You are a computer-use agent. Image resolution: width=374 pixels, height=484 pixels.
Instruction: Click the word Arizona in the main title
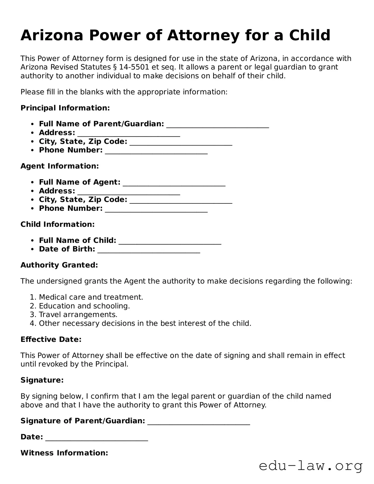pyautogui.click(x=52, y=35)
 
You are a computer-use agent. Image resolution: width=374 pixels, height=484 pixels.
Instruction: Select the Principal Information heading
pyautogui.click(x=65, y=108)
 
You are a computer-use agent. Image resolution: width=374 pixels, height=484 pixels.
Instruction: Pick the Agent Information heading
pyautogui.click(x=60, y=166)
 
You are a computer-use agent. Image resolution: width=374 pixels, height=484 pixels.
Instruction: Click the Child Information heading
pyautogui.click(x=58, y=224)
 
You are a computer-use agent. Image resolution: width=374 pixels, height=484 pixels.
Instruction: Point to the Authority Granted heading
pyautogui.click(x=59, y=265)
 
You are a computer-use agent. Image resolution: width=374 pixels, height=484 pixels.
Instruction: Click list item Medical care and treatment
pyautogui.click(x=91, y=297)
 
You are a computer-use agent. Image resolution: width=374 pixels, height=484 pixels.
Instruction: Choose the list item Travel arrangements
pyautogui.click(x=78, y=315)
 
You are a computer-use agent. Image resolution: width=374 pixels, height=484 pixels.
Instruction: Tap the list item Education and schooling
pyautogui.click(x=84, y=306)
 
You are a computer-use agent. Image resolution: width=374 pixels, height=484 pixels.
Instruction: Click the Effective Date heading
pyautogui.click(x=51, y=339)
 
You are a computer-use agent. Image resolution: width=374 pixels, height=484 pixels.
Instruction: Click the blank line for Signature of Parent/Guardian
pyautogui.click(x=199, y=422)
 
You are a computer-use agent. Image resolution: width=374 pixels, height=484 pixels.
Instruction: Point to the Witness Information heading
pyautogui.click(x=64, y=453)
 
